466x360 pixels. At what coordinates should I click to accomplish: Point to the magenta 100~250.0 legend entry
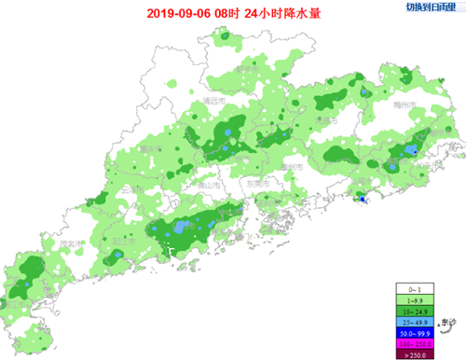click(x=416, y=341)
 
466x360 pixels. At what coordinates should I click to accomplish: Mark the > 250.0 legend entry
click(x=416, y=352)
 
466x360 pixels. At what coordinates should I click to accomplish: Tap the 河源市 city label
click(x=324, y=119)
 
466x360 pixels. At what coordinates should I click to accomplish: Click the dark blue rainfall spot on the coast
click(x=362, y=197)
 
